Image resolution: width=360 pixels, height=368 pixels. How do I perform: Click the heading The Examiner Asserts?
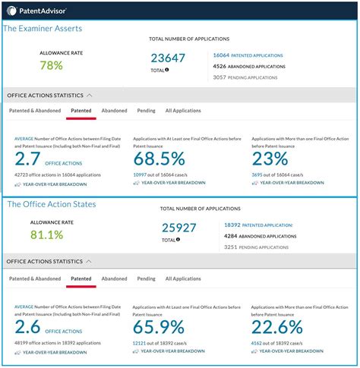[43, 28]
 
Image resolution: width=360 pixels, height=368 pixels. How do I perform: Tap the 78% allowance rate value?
[52, 66]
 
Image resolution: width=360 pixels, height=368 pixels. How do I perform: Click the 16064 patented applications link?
[248, 55]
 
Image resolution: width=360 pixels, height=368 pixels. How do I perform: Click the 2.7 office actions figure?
[29, 159]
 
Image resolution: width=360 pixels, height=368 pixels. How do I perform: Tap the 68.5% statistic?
[159, 159]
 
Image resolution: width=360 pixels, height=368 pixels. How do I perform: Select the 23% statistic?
[270, 159]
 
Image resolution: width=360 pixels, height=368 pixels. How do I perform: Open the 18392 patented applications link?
[258, 225]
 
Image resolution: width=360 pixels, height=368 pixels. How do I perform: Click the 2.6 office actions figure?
[29, 327]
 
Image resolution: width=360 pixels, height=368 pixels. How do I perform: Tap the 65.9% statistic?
[159, 327]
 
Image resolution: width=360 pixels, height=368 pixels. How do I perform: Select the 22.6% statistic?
[278, 327]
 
